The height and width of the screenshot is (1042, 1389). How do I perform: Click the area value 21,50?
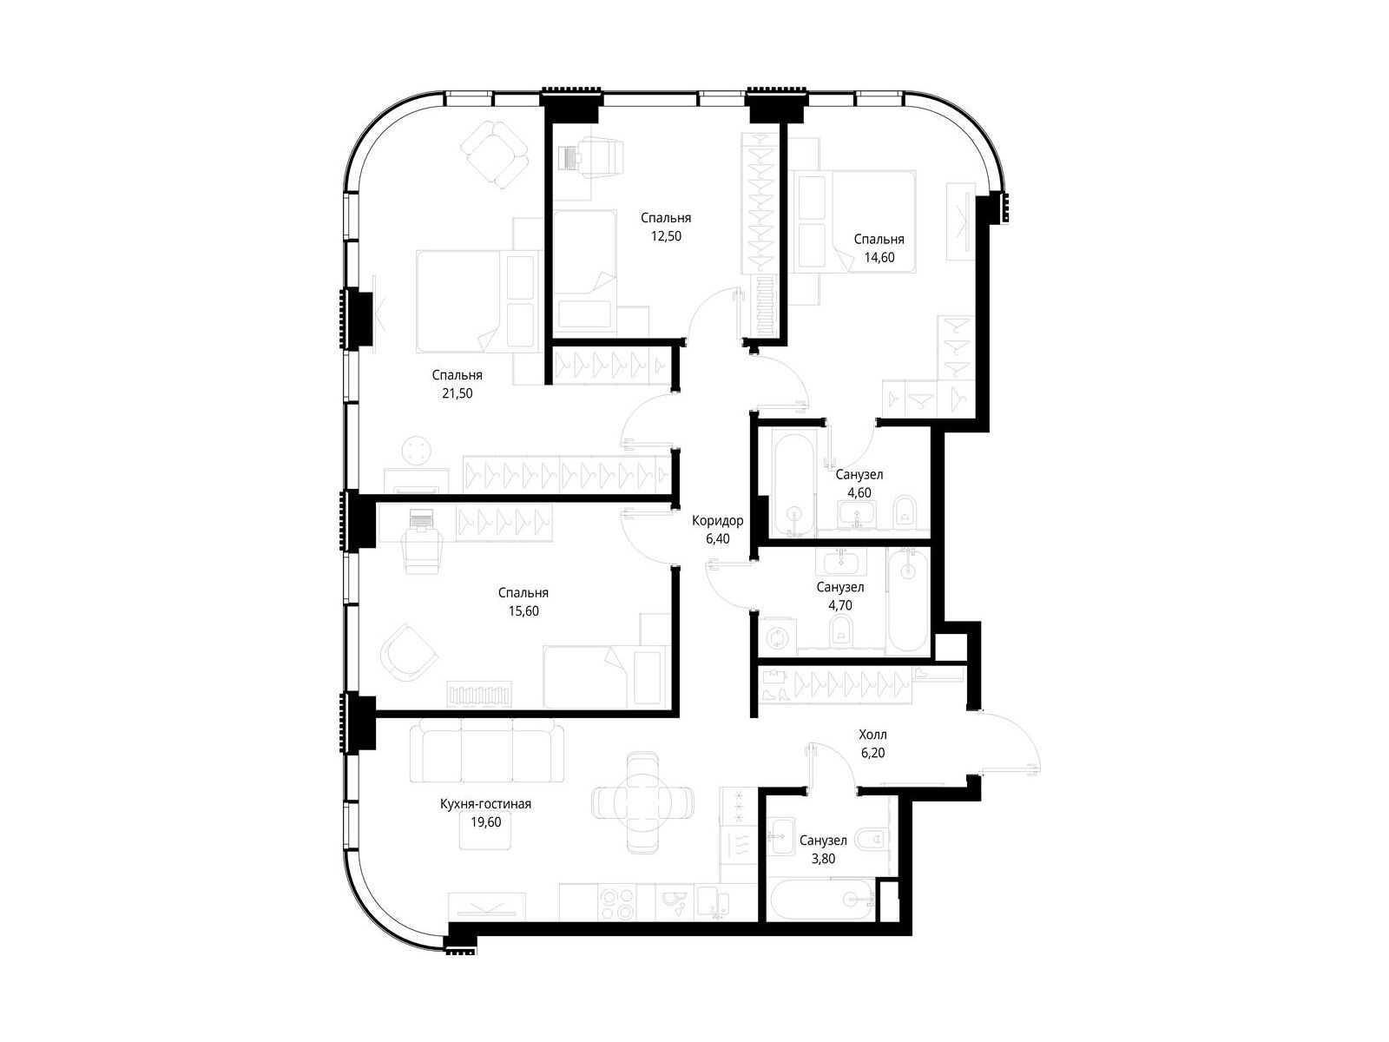457,393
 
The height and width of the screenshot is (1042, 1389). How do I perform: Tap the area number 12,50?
666,236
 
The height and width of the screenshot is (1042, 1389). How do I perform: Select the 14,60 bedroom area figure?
879,258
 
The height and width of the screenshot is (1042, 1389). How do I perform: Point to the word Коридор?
718,521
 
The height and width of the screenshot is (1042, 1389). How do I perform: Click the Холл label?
872,735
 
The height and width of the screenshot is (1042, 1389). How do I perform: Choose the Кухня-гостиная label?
485,804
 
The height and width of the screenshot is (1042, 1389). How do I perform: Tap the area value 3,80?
823,859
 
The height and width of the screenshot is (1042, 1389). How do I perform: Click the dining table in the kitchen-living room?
642,803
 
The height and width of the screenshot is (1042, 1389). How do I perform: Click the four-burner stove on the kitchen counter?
617,903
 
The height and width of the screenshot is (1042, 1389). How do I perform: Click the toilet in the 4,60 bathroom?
905,511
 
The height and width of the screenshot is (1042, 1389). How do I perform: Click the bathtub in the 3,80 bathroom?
820,898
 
